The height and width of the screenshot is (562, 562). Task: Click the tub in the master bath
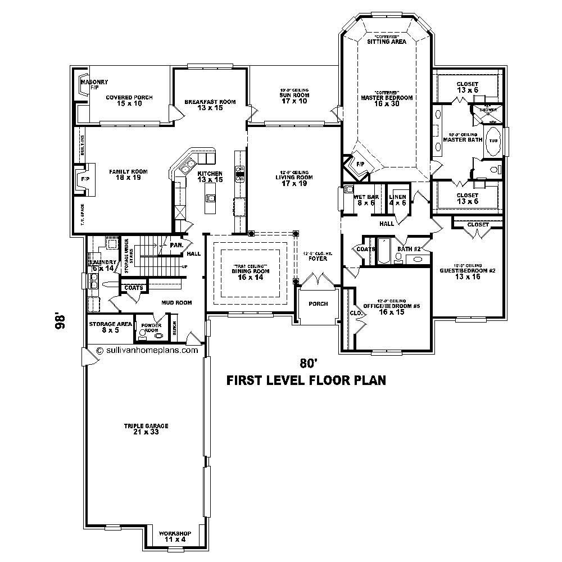pyautogui.click(x=493, y=140)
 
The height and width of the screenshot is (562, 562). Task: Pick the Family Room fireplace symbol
pyautogui.click(x=83, y=178)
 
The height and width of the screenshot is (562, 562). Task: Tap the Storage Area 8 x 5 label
pyautogui.click(x=110, y=327)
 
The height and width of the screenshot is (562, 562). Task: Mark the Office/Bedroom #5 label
pyautogui.click(x=384, y=309)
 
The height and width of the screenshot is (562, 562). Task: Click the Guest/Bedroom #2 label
pyautogui.click(x=468, y=273)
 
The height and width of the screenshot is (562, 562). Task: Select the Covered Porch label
pyautogui.click(x=129, y=101)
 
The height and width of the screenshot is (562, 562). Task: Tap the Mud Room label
pyautogui.click(x=176, y=302)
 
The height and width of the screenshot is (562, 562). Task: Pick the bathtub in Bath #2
pyautogui.click(x=384, y=251)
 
